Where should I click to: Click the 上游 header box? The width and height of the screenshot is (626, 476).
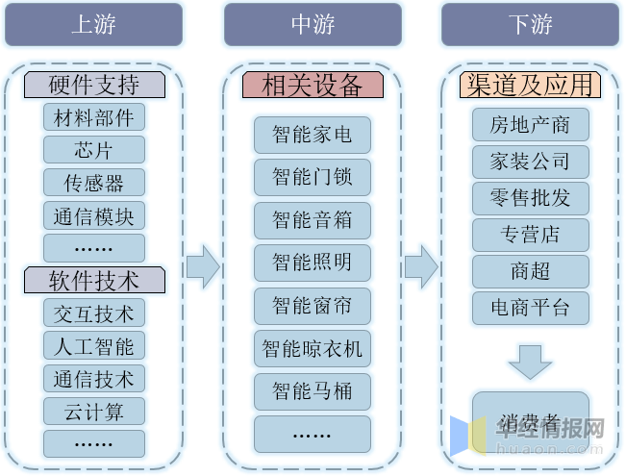(x=93, y=24)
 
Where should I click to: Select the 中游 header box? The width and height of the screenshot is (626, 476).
(x=313, y=24)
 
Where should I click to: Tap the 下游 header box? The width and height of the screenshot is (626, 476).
(x=530, y=24)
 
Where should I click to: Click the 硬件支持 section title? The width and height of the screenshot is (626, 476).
(x=94, y=85)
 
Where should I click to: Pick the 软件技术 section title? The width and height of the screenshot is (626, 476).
(x=94, y=280)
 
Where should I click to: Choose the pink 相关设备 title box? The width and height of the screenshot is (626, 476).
(x=313, y=85)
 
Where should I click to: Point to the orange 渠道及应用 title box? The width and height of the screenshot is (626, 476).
(x=530, y=85)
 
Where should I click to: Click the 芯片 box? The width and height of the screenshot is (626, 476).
(x=94, y=150)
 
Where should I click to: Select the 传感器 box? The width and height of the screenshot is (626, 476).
(x=94, y=183)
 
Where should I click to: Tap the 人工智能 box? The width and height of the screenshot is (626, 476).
(x=94, y=345)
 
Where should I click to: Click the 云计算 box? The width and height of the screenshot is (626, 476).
(x=94, y=411)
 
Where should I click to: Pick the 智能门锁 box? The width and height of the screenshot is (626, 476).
(x=313, y=177)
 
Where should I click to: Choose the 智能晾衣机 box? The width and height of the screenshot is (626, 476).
(x=313, y=348)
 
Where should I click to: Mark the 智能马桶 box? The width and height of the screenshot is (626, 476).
(x=313, y=390)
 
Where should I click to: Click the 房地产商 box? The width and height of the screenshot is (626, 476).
(x=530, y=125)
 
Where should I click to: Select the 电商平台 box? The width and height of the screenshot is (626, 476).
(x=530, y=308)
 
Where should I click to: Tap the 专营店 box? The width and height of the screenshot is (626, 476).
(x=530, y=235)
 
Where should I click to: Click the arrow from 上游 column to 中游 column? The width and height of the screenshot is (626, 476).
(x=203, y=265)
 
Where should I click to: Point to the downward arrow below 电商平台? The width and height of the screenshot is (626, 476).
(x=530, y=361)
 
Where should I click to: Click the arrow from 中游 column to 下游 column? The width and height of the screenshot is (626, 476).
(x=421, y=265)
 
